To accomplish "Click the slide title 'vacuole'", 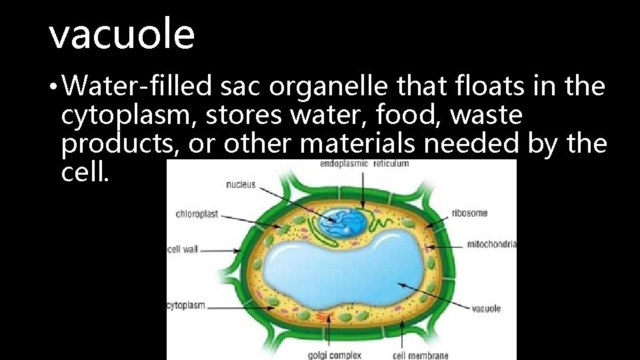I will coord(122,35).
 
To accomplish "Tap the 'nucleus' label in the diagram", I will coord(241,185).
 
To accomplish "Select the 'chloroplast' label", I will coord(197,214).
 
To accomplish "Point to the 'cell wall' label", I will coord(182,250).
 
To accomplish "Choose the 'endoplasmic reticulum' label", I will coord(365,163).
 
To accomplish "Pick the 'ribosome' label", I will coord(469,213).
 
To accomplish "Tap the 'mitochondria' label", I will coord(492,244).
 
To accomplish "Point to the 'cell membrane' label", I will coord(421,355).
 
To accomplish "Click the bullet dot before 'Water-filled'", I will coord(59,87).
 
